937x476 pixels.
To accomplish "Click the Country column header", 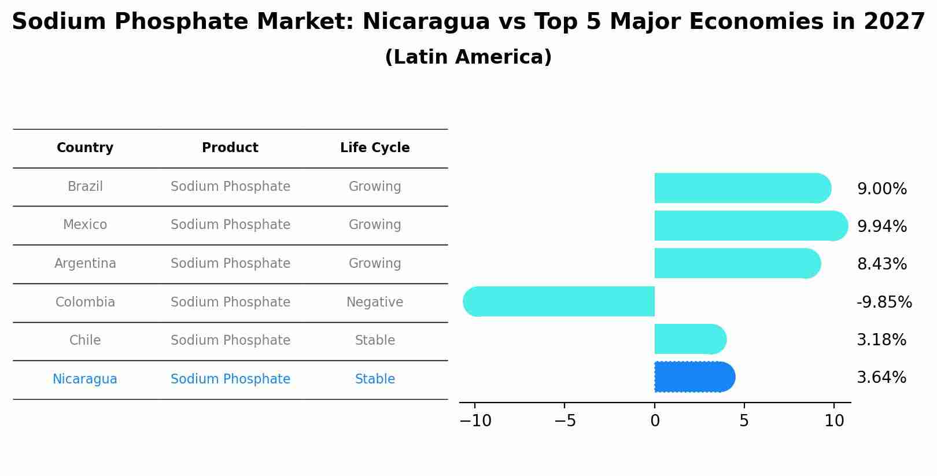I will (x=85, y=148).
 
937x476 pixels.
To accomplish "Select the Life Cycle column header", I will (x=375, y=148).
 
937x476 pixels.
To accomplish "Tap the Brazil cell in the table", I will (x=85, y=187).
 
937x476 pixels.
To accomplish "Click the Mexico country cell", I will (x=85, y=225).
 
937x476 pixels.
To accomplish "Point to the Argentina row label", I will (x=85, y=264).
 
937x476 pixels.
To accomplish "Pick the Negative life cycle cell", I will (x=375, y=302).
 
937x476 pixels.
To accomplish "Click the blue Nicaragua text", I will (x=85, y=379).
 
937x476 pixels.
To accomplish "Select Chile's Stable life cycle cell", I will (x=375, y=341).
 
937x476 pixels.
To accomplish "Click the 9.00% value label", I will (x=881, y=189).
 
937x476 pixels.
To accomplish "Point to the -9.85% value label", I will (x=884, y=302).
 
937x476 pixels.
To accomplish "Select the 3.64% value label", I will (x=881, y=378).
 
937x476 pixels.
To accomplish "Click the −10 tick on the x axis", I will (x=475, y=421).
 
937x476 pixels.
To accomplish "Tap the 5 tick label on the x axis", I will (x=744, y=421).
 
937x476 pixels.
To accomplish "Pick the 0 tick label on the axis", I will (x=655, y=421).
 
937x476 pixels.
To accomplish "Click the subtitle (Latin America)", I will (x=468, y=57).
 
